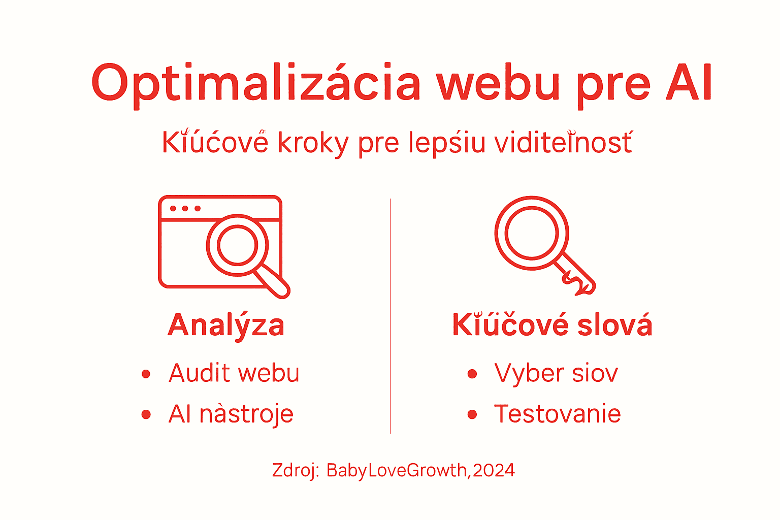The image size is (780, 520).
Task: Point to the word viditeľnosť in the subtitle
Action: pyautogui.click(x=563, y=143)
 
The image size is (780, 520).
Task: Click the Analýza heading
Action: pyautogui.click(x=226, y=326)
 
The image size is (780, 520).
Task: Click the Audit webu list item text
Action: pyautogui.click(x=234, y=374)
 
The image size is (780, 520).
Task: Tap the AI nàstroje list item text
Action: pyautogui.click(x=231, y=414)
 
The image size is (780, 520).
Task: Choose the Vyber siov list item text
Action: pyautogui.click(x=556, y=374)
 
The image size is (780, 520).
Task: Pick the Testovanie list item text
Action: pyautogui.click(x=557, y=414)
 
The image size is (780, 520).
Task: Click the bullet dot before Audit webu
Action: pyautogui.click(x=146, y=375)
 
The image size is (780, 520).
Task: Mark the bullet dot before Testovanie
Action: pyautogui.click(x=472, y=415)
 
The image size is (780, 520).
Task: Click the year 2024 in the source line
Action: pyautogui.click(x=494, y=470)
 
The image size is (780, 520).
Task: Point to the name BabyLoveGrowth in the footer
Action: pyautogui.click(x=396, y=471)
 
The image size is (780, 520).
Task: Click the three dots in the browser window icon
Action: pyautogui.click(x=185, y=209)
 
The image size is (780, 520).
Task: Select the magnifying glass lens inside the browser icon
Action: pyautogui.click(x=237, y=245)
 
